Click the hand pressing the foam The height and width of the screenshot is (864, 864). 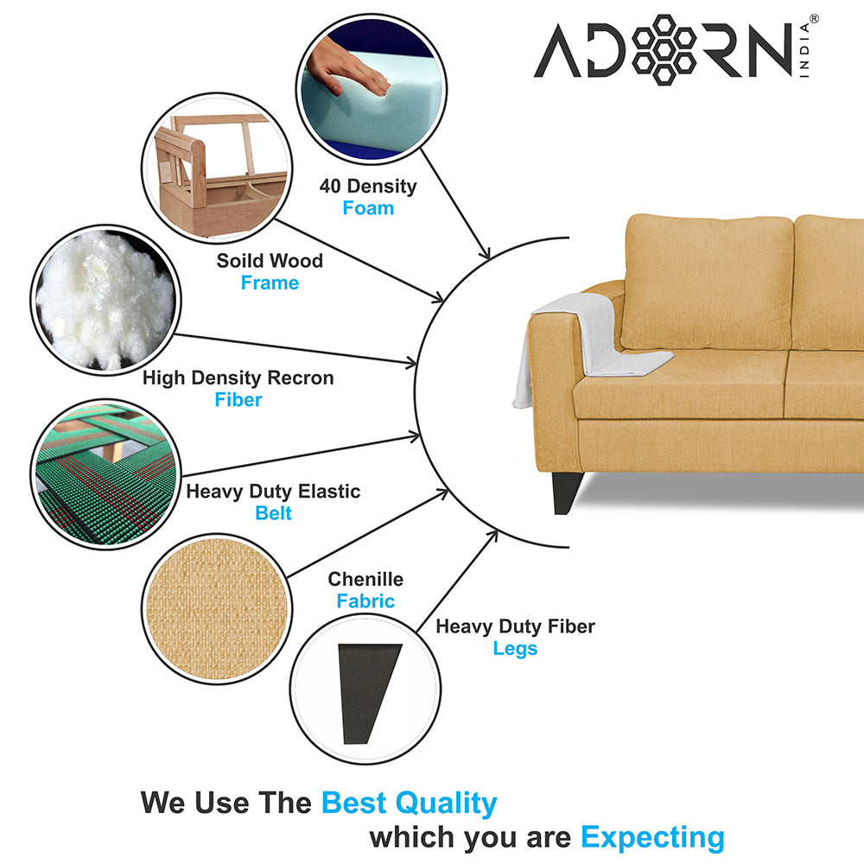pyautogui.click(x=347, y=65)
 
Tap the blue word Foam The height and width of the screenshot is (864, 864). pyautogui.click(x=368, y=208)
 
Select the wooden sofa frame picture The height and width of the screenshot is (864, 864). pyautogui.click(x=217, y=168)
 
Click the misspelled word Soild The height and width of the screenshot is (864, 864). pyautogui.click(x=239, y=261)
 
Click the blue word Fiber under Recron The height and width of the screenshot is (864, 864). pyautogui.click(x=238, y=399)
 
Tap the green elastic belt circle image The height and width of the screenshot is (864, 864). pyautogui.click(x=105, y=474)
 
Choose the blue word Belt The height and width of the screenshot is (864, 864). pyautogui.click(x=273, y=513)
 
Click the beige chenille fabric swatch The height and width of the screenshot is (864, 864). pyautogui.click(x=217, y=609)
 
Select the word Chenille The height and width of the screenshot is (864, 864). pyautogui.click(x=365, y=579)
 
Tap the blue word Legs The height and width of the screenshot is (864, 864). pyautogui.click(x=515, y=649)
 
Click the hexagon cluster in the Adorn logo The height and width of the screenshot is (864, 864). pyautogui.click(x=664, y=49)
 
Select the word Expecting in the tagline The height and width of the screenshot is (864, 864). pyautogui.click(x=652, y=838)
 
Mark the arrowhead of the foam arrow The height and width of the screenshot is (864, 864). pyautogui.click(x=485, y=253)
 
